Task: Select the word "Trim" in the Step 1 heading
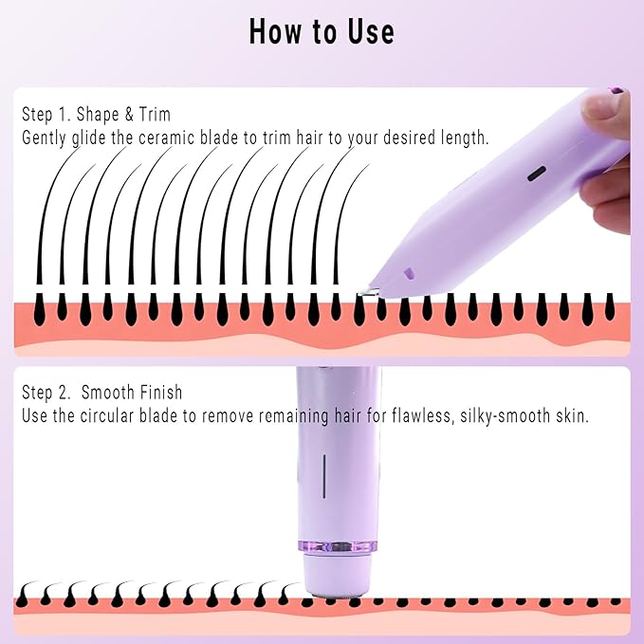coord(154,115)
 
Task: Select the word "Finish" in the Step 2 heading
coord(159,393)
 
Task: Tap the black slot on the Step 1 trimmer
coord(536,174)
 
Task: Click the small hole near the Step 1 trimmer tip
coord(410,272)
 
